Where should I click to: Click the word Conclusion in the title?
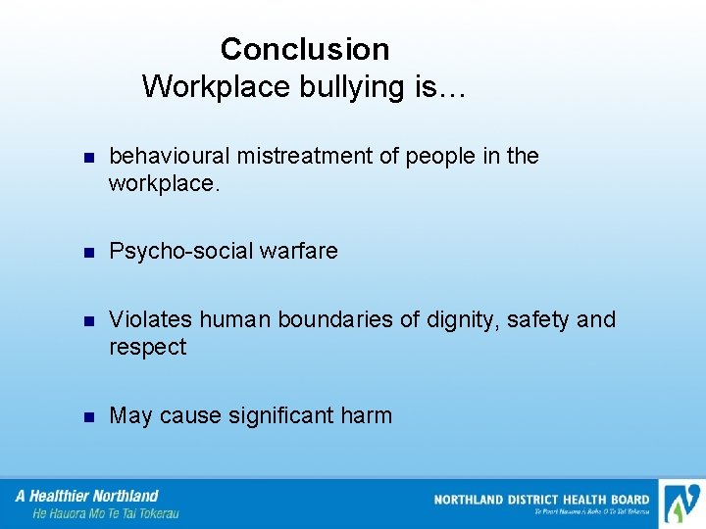304,49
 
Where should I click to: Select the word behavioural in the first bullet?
171,157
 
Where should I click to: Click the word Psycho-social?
180,252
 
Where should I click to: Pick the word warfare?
298,252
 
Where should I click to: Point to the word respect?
147,348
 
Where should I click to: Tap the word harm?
368,416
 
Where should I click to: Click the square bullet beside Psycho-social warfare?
87,253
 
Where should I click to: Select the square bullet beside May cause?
87,417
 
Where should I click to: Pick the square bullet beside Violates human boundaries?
87,320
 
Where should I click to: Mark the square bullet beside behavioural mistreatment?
87,158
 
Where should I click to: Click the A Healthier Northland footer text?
88,496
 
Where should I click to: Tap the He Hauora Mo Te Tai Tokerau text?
106,513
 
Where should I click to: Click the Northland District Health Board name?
541,500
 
